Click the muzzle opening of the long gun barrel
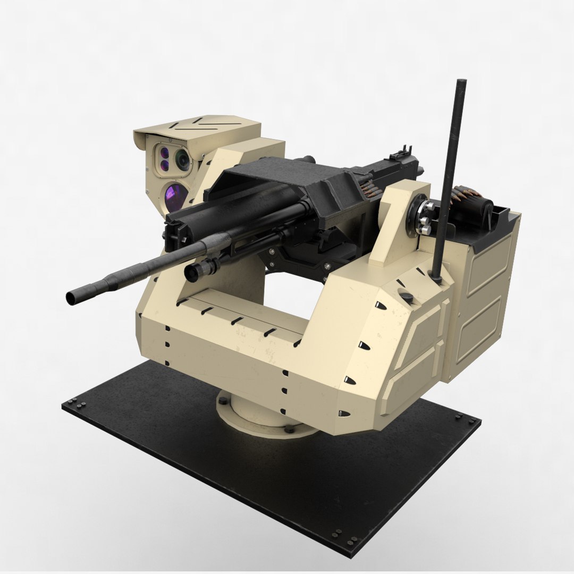71,298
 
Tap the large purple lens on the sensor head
176,196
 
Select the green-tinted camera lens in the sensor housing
182,159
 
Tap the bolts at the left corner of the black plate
80,406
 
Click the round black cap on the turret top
407,297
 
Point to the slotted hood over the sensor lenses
202,127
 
